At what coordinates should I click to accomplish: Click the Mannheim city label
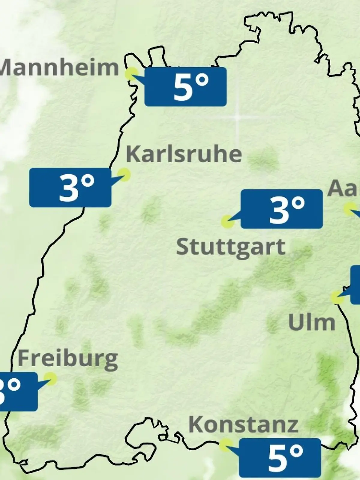[59, 68]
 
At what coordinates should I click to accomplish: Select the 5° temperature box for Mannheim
[185, 87]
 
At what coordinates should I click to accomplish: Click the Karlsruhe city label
[184, 154]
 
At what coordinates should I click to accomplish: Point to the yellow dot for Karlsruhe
[124, 174]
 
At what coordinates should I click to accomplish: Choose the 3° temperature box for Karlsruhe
[70, 187]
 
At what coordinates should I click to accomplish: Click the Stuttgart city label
[231, 247]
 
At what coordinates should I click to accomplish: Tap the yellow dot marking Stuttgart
[227, 221]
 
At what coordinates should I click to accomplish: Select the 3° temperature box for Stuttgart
[281, 209]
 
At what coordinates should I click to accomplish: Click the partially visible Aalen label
[344, 188]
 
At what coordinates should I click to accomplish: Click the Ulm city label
[311, 322]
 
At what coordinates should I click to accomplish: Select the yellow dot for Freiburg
[50, 379]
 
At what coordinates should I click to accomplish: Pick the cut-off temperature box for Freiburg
[18, 391]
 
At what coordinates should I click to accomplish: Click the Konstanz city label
[243, 424]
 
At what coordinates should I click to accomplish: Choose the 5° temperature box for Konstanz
[280, 458]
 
